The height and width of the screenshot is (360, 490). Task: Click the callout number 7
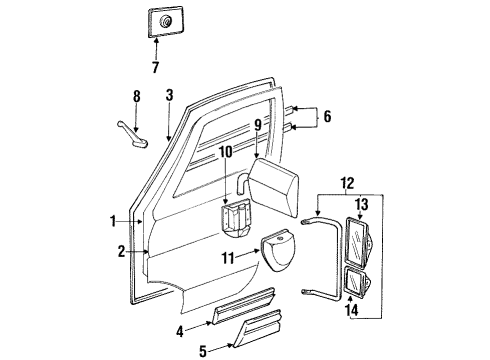pos(154,67)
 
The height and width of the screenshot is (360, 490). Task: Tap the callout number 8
pos(136,96)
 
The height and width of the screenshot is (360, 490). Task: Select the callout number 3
pos(170,95)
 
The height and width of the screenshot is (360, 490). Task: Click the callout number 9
pos(257,126)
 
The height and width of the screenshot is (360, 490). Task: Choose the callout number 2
pos(121,252)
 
